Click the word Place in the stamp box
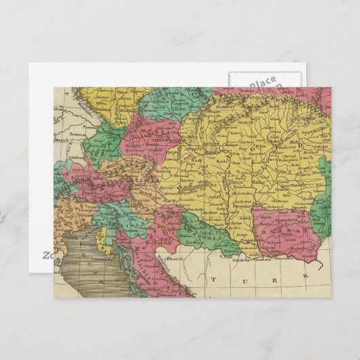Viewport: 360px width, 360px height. point(262,84)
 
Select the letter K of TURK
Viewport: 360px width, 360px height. point(305,276)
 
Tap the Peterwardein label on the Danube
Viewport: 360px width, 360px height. point(224,240)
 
